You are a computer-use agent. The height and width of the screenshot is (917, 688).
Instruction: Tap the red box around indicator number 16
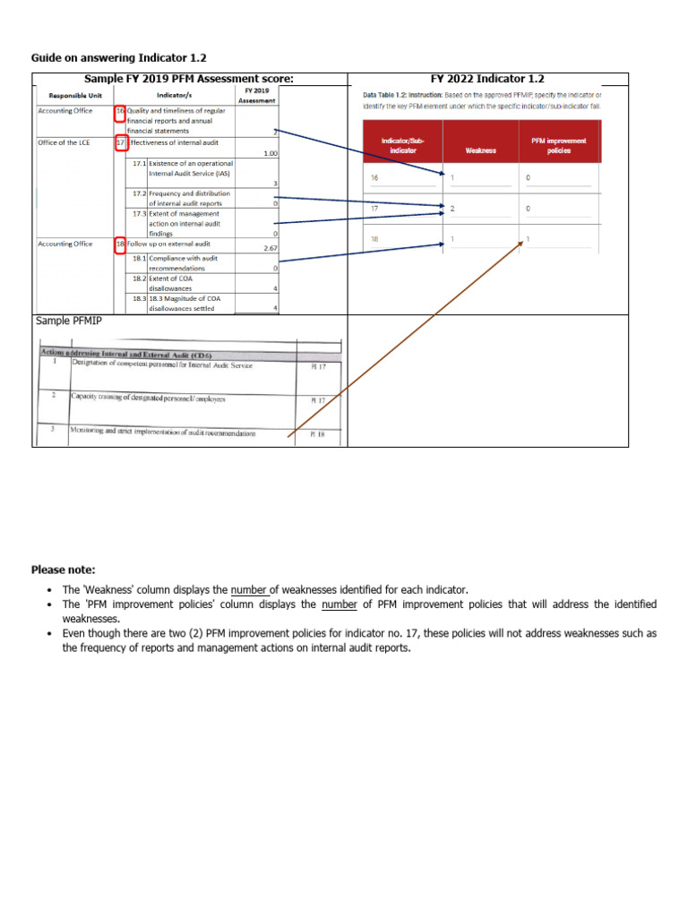click(120, 113)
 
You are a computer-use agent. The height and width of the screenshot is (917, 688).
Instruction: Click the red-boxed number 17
click(120, 142)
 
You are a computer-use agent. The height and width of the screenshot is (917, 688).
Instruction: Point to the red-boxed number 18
click(120, 244)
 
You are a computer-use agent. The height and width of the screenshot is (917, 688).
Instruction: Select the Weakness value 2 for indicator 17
click(453, 208)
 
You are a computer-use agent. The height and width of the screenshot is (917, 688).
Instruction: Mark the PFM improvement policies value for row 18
click(528, 239)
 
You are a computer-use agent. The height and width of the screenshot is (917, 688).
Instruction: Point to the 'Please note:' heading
click(63, 569)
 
